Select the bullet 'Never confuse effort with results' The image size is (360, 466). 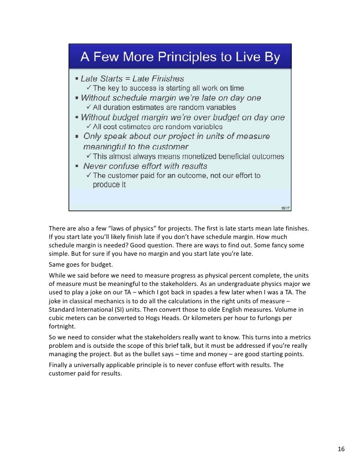tap(145, 166)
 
